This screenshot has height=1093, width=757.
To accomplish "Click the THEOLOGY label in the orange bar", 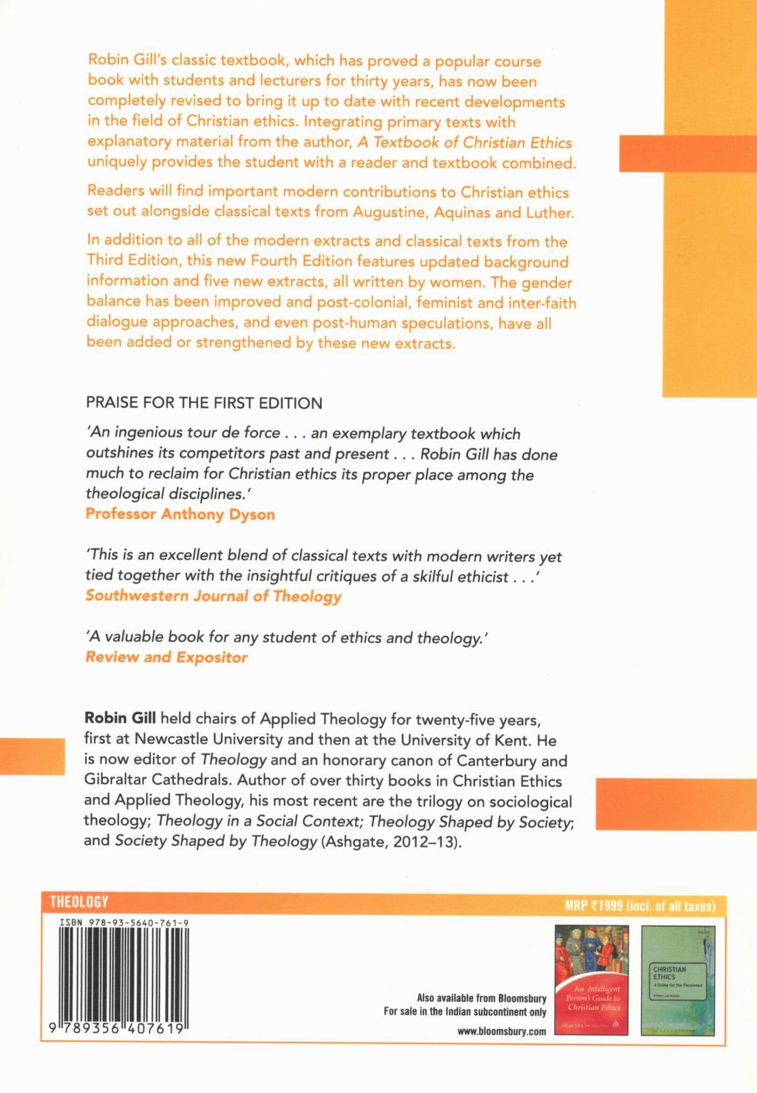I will pos(79,902).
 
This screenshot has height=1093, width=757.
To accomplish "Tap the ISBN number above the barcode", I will pos(124,923).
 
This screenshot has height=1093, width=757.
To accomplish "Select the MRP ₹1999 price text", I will pos(640,906).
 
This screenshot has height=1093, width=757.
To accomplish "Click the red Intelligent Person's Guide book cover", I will pos(591,980).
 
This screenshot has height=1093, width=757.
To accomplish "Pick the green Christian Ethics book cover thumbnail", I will pos(678,980).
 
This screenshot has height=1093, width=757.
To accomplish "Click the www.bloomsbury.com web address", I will pos(502,1032).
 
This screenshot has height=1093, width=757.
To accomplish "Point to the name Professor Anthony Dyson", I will pos(180,514).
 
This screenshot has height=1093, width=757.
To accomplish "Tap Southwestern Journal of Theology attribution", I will pos(213,596).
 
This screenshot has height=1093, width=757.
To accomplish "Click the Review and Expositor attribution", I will pos(167,657).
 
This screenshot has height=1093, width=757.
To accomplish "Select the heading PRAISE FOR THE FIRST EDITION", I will pos(204,403).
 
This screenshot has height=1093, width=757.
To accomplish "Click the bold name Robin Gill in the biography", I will pos(120,719).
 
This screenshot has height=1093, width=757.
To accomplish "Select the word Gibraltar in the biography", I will pos(116,780).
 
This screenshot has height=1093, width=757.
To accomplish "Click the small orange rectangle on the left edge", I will pos(32,756).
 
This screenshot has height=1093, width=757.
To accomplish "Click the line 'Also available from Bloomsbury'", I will pos(481,998).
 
